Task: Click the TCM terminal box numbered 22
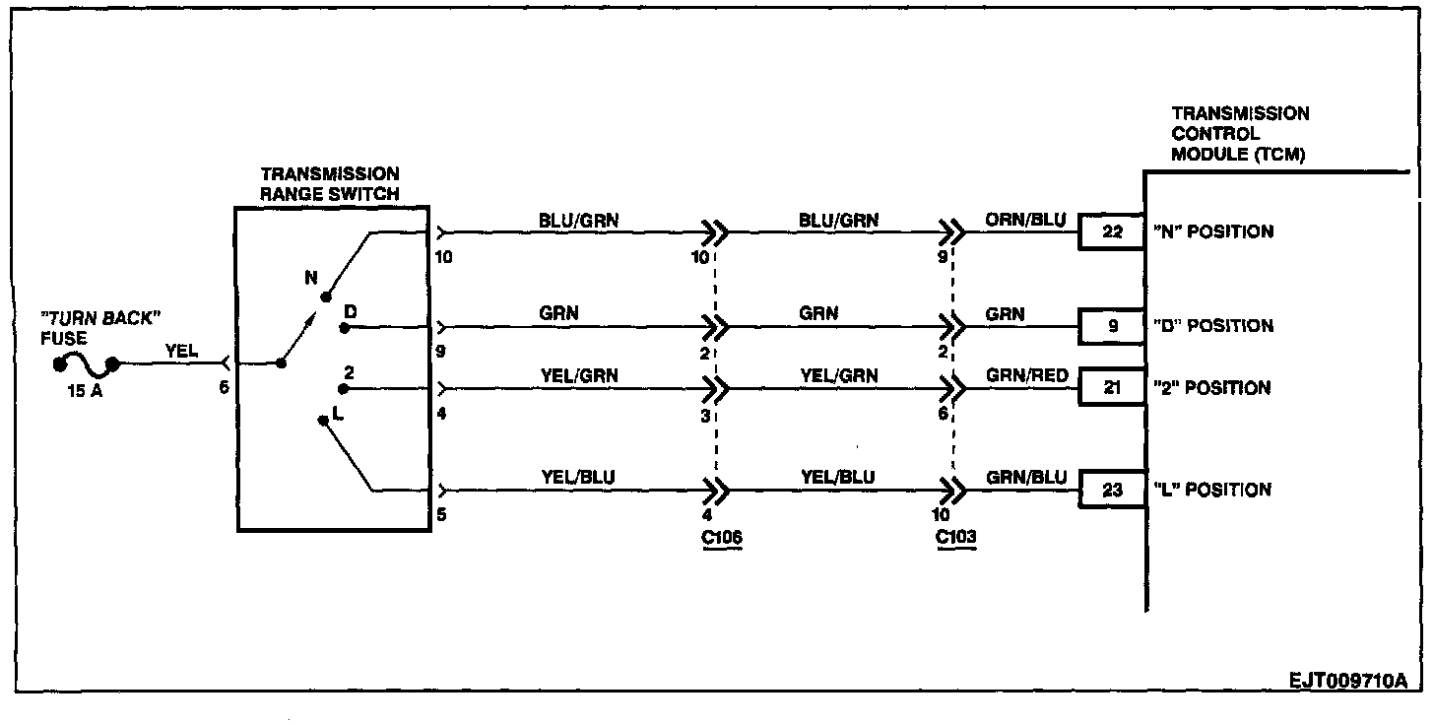[x=1112, y=232]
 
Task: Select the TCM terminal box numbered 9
[x=1112, y=326]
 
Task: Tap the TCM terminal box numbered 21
[x=1112, y=388]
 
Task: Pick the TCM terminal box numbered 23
[x=1112, y=490]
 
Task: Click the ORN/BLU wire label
[x=1024, y=220]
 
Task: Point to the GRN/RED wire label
[x=1024, y=375]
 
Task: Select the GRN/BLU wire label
[x=1024, y=477]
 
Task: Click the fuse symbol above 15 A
[x=86, y=366]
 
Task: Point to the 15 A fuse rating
[x=86, y=388]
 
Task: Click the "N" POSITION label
[x=1213, y=232]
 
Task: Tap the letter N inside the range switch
[x=311, y=278]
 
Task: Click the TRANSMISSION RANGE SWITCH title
[x=329, y=184]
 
